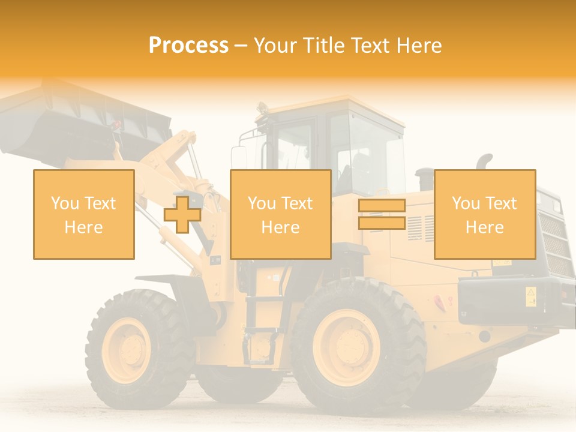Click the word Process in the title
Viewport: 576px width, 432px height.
[x=188, y=45]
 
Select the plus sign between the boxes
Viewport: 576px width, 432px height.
[x=182, y=215]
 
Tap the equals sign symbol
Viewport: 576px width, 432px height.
[x=382, y=214]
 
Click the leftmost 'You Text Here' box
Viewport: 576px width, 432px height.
[x=84, y=214]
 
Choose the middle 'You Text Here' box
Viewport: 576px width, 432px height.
[x=280, y=214]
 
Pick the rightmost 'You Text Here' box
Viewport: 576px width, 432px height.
[x=484, y=214]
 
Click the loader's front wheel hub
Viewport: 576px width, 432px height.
[x=127, y=349]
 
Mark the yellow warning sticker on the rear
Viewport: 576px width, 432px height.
[x=530, y=296]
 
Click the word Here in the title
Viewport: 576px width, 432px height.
[x=420, y=46]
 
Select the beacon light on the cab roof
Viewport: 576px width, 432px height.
[x=262, y=109]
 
